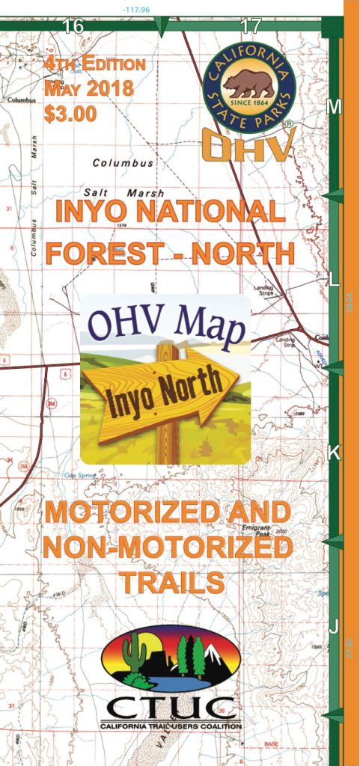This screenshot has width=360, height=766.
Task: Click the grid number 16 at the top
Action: tap(73, 25)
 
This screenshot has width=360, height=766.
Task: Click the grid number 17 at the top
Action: tap(251, 25)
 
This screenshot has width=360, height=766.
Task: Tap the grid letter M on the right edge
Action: tap(335, 107)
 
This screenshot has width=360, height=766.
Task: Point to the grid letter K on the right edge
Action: tap(335, 453)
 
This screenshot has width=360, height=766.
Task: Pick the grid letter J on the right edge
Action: tap(335, 625)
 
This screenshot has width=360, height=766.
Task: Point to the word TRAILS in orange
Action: tap(166, 581)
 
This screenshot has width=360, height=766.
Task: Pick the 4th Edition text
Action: tap(95, 64)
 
